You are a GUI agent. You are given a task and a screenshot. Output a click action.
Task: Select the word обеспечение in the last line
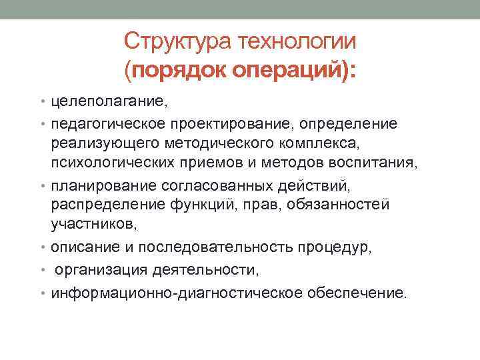click(354, 293)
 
